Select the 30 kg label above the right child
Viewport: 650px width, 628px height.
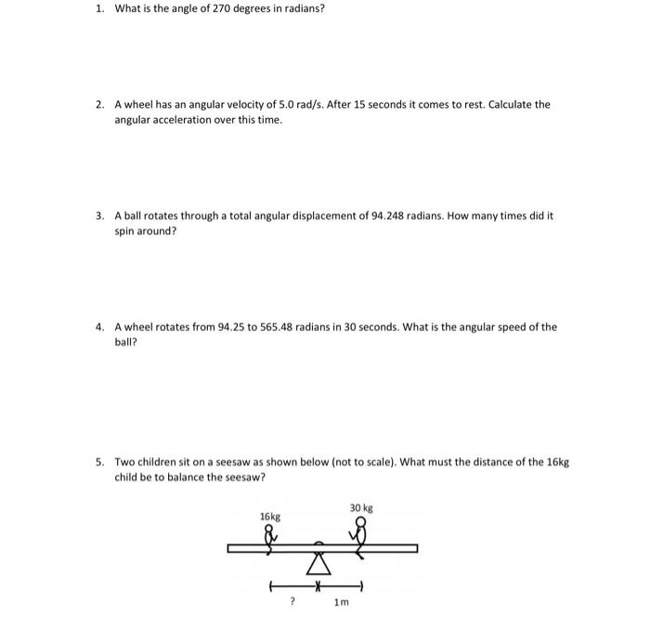361,507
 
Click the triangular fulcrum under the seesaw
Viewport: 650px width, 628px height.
318,564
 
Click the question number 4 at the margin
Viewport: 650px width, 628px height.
98,327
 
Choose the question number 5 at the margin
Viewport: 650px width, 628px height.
98,462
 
